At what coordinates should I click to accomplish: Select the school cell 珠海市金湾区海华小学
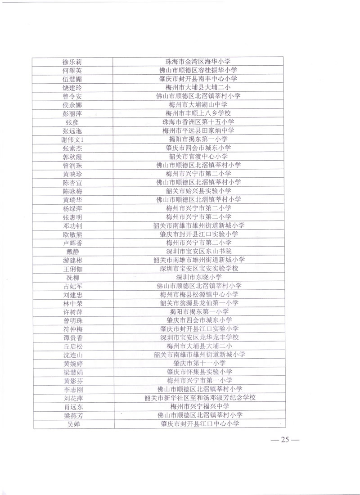(198, 62)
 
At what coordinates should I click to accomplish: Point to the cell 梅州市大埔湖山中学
(198, 105)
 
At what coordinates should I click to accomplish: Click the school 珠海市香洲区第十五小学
(198, 122)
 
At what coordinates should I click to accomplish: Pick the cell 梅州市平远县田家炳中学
(198, 130)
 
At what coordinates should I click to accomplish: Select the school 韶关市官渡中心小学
(198, 157)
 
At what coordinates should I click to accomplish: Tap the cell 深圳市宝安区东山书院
(198, 251)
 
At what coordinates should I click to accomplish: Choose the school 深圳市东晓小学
(198, 277)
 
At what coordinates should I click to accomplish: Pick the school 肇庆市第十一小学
(198, 363)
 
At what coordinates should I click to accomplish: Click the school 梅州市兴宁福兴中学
(198, 406)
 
